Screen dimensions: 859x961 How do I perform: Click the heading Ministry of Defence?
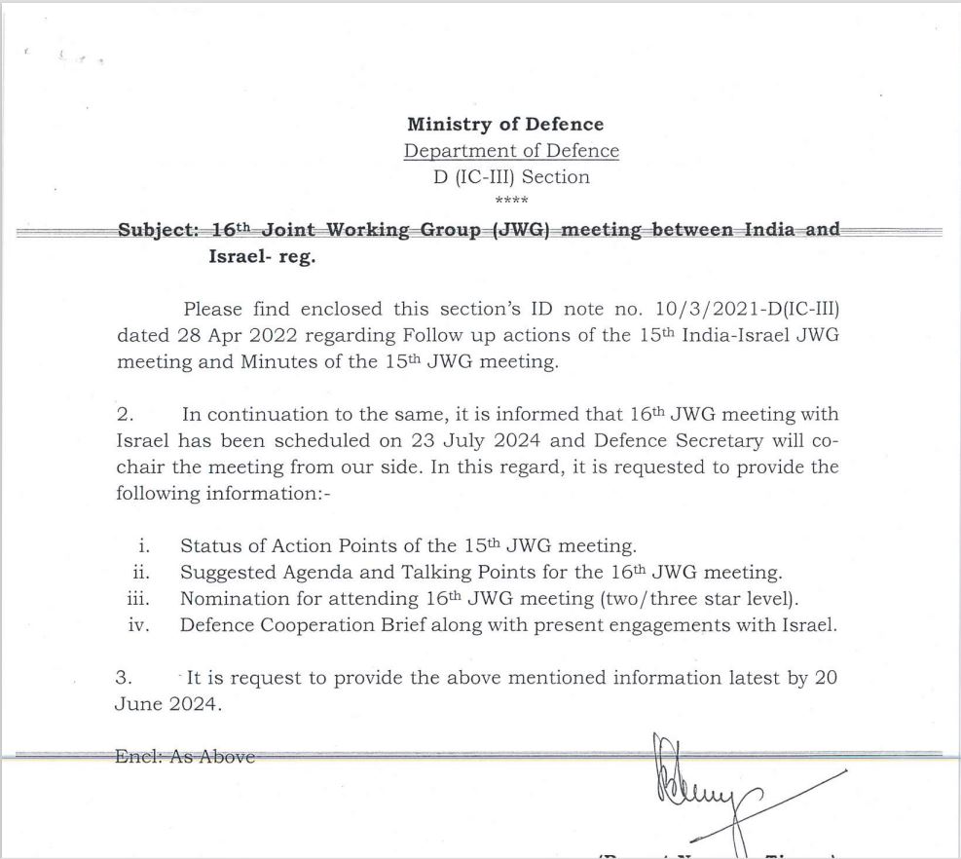(505, 125)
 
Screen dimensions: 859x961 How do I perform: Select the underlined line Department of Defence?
(511, 151)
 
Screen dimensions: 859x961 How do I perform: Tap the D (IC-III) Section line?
(511, 177)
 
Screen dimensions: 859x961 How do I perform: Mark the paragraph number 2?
(122, 415)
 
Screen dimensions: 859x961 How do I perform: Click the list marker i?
(144, 546)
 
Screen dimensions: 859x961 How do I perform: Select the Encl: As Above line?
(184, 756)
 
